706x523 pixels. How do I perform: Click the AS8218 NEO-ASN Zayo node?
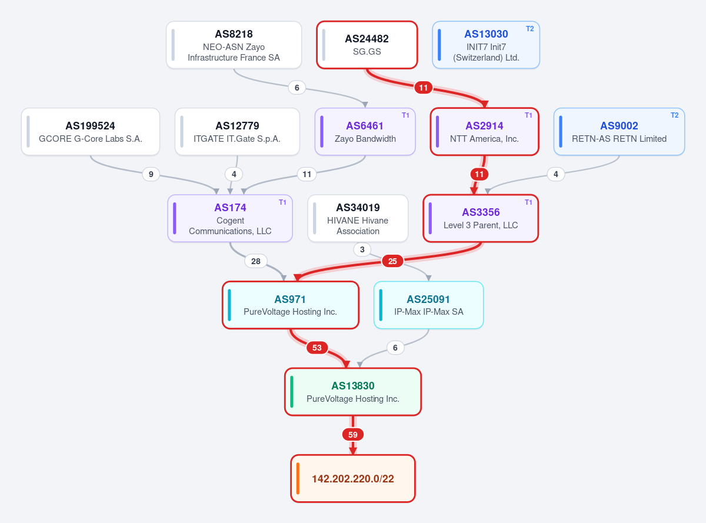(234, 45)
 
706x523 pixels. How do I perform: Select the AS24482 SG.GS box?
(367, 45)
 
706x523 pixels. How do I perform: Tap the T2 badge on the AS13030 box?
(529, 29)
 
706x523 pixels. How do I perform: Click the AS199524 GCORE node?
(91, 132)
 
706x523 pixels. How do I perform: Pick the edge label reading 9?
(151, 174)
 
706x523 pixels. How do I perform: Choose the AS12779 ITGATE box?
(237, 132)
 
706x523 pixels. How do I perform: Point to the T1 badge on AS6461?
(405, 115)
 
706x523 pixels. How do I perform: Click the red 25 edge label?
(392, 261)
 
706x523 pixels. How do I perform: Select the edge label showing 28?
(255, 261)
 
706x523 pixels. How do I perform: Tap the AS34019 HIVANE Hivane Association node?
(358, 218)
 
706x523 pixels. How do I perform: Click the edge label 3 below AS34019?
(362, 249)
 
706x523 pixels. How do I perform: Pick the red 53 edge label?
(317, 348)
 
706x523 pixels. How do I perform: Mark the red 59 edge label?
(352, 435)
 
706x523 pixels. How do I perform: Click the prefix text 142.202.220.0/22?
(352, 479)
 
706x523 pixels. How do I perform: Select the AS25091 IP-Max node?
(428, 305)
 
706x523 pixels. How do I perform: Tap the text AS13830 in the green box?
(352, 386)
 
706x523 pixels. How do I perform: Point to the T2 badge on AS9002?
(674, 115)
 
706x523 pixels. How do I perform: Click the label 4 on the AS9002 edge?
(556, 174)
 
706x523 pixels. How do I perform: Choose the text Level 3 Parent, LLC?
(481, 225)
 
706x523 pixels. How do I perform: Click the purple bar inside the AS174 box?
(174, 218)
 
